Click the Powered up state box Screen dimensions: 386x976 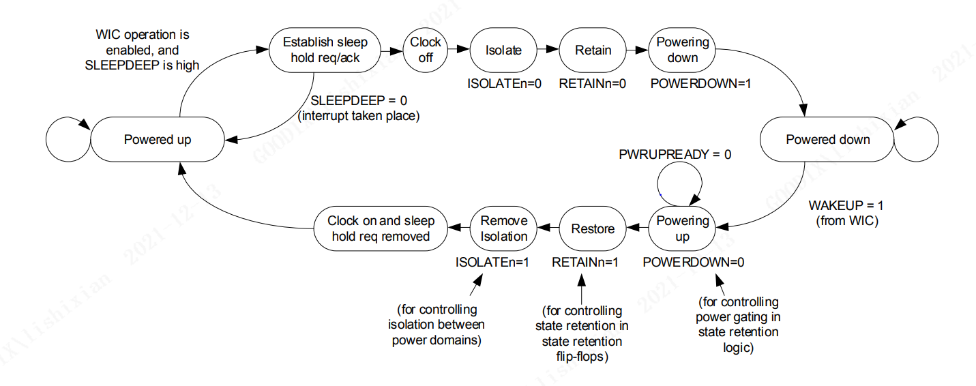coord(158,140)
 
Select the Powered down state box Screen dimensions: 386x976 coord(827,140)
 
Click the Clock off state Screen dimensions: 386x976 coord(426,50)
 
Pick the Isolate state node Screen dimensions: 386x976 coord(503,50)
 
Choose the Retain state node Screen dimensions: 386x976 coord(593,50)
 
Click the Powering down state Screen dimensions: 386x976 coord(682,50)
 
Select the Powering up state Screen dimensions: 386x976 coord(682,228)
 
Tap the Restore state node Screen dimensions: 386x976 coord(593,228)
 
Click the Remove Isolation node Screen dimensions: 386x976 coord(504,228)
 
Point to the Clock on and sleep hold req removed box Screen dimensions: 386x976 coord(381,228)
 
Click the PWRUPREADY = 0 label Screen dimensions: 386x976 coord(675,155)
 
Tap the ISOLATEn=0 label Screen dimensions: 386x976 coord(504,84)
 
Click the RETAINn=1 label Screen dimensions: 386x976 coord(585,262)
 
